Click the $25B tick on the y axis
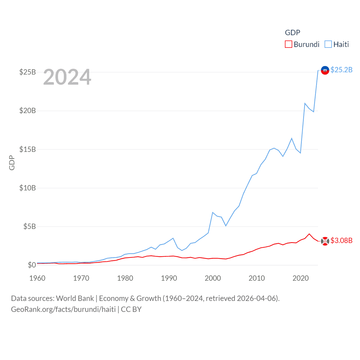point(28,72)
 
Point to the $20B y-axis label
point(28,111)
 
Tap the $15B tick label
point(28,149)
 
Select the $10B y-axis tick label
point(28,188)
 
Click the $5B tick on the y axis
point(30,226)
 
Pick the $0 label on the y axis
point(32,265)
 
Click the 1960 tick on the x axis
point(37,278)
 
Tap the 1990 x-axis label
point(169,278)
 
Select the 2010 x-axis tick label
point(257,278)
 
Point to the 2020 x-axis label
point(301,278)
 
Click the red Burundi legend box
point(289,44)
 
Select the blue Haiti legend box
point(328,44)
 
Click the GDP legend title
point(292,33)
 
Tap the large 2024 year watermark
point(67,77)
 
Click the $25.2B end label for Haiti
point(341,70)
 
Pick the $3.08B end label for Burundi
point(341,240)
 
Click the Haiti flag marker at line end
point(325,70)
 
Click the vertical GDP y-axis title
point(12,163)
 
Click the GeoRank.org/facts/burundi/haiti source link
point(63,309)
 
